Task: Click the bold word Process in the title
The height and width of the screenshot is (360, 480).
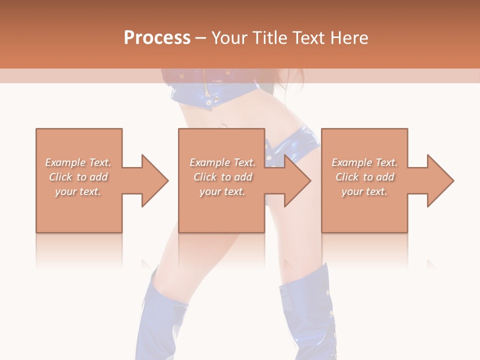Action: coord(157,38)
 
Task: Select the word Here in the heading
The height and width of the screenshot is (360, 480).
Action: coord(349,38)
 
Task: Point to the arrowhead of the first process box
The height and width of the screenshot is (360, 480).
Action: coord(155,180)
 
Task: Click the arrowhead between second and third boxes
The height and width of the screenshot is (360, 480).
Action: coord(297,180)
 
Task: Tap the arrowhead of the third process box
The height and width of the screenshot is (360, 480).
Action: coord(440,180)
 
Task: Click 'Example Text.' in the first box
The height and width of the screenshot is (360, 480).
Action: coord(78,162)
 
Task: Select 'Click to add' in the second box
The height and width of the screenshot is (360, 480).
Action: coord(222,177)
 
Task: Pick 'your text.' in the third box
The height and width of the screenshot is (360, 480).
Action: coord(364,191)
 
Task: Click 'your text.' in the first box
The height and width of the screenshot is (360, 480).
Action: coord(78,191)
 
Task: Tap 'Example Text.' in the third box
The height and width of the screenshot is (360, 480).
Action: coord(364,162)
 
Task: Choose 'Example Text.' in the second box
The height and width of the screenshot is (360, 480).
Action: coord(222,162)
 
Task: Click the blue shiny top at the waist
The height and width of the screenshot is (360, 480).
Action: coord(210,97)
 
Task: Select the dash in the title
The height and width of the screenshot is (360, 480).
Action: coord(201,38)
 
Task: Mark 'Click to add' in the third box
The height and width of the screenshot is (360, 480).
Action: coord(364,177)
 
